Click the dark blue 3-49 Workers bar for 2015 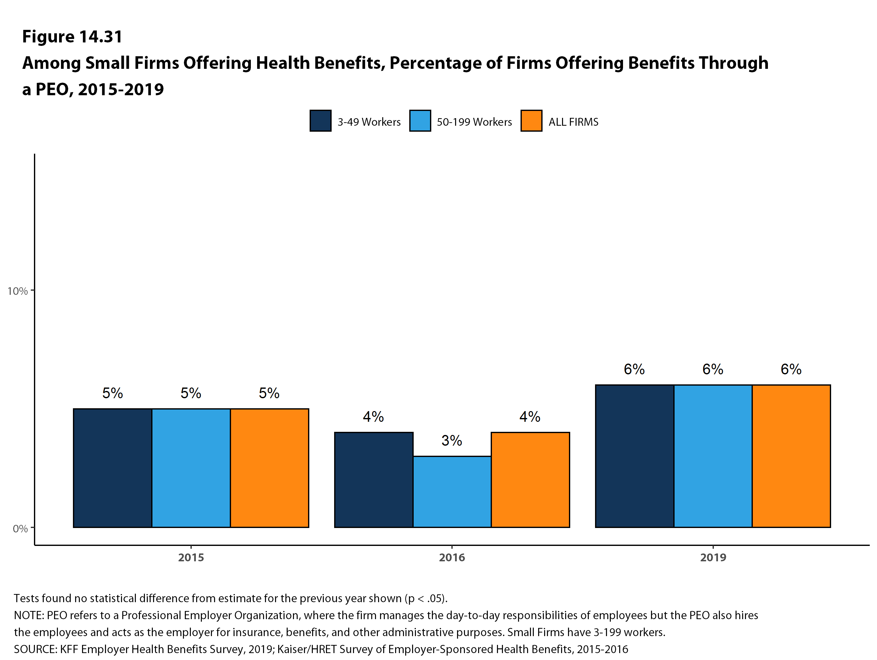tap(113, 468)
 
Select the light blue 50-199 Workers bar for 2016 tap(452, 492)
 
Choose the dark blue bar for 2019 tap(634, 456)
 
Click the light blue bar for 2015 tap(191, 468)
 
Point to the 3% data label tap(452, 440)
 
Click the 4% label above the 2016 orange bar tap(530, 417)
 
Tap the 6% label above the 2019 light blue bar tap(713, 369)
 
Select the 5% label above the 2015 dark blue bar tap(113, 393)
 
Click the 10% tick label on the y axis tap(17, 291)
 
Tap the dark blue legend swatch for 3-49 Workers tap(320, 120)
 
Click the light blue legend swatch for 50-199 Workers tap(420, 120)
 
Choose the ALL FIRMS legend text tap(573, 122)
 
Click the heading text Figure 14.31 tap(72, 36)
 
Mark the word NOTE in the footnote tap(29, 615)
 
